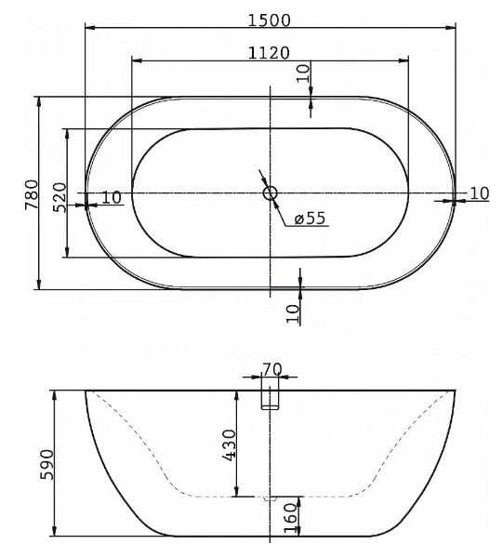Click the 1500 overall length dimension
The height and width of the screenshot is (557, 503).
pos(269,20)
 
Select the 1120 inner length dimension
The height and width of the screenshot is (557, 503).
pos(269,53)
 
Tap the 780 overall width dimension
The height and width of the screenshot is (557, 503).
pos(32,194)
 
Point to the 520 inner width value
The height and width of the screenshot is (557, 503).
pos(60,197)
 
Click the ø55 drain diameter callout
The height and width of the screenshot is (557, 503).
pos(310,218)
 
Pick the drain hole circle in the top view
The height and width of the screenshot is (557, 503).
pos(270,193)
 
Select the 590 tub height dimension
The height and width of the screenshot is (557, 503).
pos(46,465)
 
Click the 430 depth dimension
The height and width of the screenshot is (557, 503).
pos(229,445)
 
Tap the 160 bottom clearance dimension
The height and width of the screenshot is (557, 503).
pos(291,518)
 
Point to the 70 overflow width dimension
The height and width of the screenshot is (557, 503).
pos(272,369)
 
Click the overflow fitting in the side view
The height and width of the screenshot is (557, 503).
pos(270,400)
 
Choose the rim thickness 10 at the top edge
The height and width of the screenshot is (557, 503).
pos(303,73)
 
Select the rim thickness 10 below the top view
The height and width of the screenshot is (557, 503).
pos(293,313)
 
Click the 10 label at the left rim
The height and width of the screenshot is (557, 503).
pos(112,197)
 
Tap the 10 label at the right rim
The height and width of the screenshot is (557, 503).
pos(480,193)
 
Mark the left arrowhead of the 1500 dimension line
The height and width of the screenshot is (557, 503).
pos(90,27)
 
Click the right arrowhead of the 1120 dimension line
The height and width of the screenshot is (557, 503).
pos(404,60)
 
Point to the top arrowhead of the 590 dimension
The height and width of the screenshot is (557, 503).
pos(54,395)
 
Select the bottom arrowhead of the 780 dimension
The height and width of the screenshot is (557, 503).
pos(39,285)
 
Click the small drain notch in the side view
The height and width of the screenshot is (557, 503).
pos(270,498)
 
